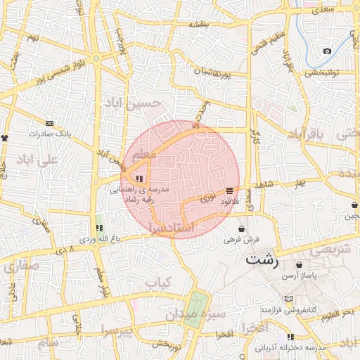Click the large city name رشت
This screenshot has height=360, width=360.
262,259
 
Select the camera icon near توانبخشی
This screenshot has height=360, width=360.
327,51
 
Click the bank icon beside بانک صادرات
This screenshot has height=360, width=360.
49,122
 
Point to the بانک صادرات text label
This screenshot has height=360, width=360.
51,133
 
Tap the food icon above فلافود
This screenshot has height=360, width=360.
231,191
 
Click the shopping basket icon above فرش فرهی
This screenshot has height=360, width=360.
242,229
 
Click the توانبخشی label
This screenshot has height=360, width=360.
323,72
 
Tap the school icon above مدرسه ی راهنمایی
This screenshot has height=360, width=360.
139,179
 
